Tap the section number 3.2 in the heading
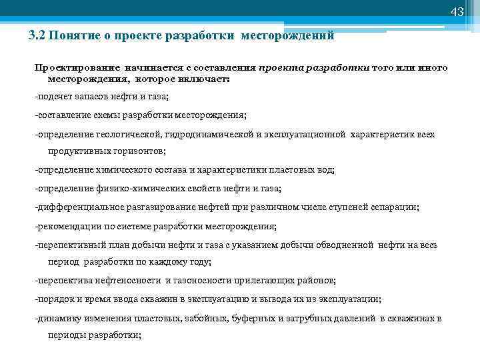click(x=37, y=36)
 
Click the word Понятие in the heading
click(x=70, y=36)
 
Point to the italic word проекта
click(x=277, y=68)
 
